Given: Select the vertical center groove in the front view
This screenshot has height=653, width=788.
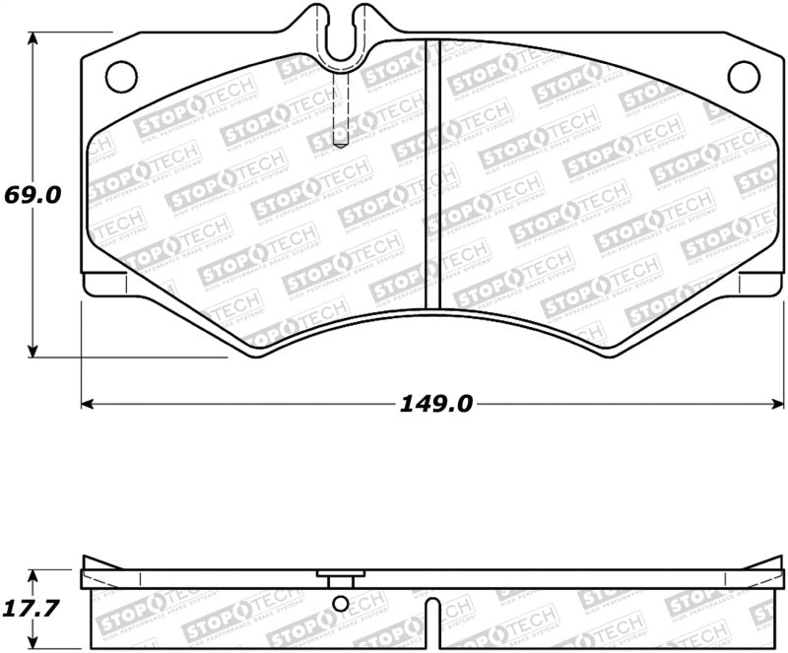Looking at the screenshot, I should point(430,177).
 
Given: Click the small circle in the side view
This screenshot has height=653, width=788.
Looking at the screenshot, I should point(340,604).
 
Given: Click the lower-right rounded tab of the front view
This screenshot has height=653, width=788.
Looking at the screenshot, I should point(758,286).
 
